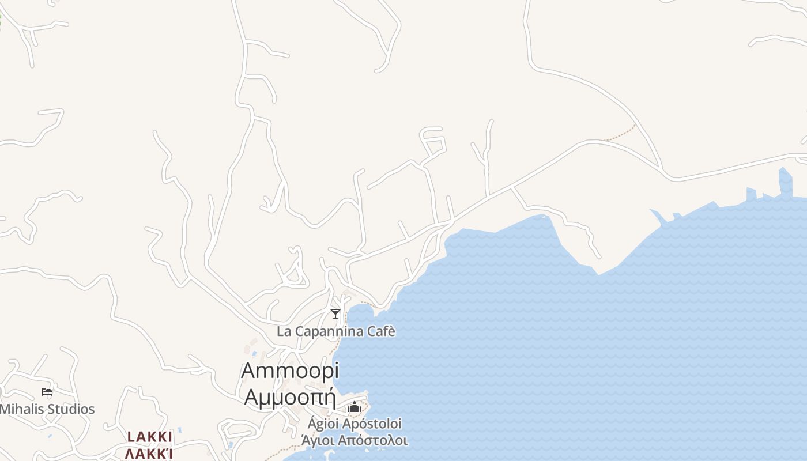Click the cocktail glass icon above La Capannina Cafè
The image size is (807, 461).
pos(335,314)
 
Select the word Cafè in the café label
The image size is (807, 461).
pos(381,331)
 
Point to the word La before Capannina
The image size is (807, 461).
pos(284,331)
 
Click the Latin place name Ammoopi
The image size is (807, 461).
pos(290,371)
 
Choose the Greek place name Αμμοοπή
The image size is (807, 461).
pos(290,398)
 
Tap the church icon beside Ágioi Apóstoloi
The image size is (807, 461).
pos(354,408)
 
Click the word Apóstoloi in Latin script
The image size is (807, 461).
pos(372,424)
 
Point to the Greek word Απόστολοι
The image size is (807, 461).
pos(373,441)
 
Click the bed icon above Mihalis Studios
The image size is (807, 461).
pos(47,392)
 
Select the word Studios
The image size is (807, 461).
pos(71,409)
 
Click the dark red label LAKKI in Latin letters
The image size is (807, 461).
pos(150,437)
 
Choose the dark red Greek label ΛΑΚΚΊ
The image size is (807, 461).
pos(149,454)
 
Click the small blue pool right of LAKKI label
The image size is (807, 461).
pos(180,430)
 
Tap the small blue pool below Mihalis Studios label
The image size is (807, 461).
pos(50,436)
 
